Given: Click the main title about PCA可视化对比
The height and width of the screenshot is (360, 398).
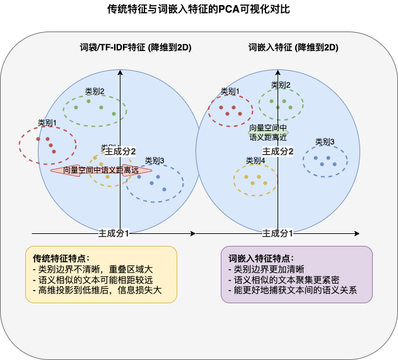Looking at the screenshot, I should pyautogui.click(x=199, y=11).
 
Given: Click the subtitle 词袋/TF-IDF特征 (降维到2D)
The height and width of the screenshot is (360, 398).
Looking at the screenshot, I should pyautogui.click(x=136, y=47).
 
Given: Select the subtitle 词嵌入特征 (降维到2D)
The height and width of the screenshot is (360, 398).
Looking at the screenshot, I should pyautogui.click(x=293, y=47).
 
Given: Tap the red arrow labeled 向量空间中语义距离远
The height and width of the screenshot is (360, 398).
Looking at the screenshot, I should pyautogui.click(x=101, y=170).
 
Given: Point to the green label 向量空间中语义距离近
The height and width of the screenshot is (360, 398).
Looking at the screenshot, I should pyautogui.click(x=268, y=132).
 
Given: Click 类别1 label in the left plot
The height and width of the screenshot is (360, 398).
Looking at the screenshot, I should pyautogui.click(x=47, y=123).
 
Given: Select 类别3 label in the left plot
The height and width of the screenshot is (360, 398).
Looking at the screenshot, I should pyautogui.click(x=155, y=161).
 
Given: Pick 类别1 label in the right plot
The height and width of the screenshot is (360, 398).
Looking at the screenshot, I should pyautogui.click(x=230, y=91).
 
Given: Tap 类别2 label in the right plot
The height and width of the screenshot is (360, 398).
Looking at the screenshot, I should pyautogui.click(x=281, y=85).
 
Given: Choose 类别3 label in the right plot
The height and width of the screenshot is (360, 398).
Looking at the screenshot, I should pyautogui.click(x=325, y=142).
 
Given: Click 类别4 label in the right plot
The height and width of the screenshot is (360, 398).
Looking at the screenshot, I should pyautogui.click(x=255, y=161).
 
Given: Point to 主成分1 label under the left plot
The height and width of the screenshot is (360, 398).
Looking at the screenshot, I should pyautogui.click(x=114, y=233).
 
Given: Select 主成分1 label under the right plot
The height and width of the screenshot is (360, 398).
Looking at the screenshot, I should pyautogui.click(x=278, y=233).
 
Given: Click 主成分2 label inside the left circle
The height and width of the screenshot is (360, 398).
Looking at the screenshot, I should pyautogui.click(x=120, y=151).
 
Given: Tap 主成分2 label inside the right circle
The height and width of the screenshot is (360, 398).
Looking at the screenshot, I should pyautogui.click(x=278, y=151).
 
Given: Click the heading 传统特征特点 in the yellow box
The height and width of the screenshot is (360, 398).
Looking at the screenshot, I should pyautogui.click(x=61, y=258).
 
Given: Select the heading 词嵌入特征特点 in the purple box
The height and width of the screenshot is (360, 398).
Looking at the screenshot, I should pyautogui.click(x=260, y=258).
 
